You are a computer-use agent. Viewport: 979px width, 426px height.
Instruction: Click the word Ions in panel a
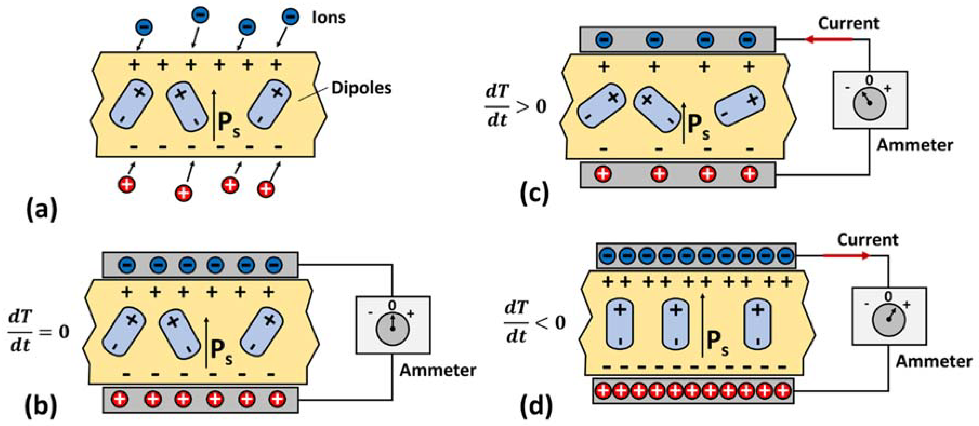pos(328,18)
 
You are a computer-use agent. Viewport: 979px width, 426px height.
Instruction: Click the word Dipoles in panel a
pos(361,88)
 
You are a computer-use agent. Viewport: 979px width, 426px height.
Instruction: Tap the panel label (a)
pos(42,210)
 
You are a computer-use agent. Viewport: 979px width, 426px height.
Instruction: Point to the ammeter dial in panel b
pos(392,328)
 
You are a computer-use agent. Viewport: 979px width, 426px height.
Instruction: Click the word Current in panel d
pos(868,240)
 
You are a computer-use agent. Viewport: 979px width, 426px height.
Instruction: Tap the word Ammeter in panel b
pos(437,370)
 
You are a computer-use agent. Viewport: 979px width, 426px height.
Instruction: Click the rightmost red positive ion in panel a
pos(266,189)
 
